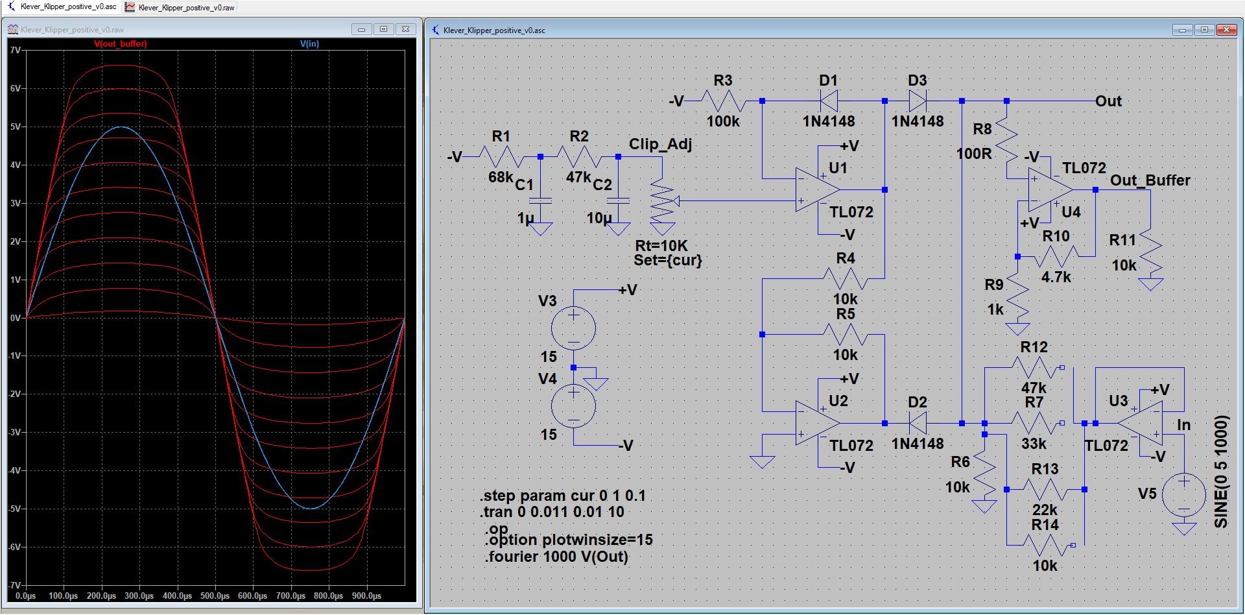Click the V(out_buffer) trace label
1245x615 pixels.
(121, 44)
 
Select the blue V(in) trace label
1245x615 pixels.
(309, 44)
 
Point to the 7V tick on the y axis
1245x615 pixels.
(16, 50)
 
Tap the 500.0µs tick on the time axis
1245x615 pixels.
(215, 596)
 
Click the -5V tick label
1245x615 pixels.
(15, 509)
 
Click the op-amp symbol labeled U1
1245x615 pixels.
(818, 190)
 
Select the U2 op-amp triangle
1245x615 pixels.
(818, 423)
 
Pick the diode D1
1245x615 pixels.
(829, 101)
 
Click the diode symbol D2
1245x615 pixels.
(918, 423)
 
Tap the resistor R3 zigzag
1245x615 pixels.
(723, 101)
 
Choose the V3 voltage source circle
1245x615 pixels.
(574, 328)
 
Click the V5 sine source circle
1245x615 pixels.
(1184, 495)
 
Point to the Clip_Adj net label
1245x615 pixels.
(660, 144)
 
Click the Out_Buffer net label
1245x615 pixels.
(1150, 180)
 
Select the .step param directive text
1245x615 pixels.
(563, 496)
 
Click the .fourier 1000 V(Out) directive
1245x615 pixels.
(556, 557)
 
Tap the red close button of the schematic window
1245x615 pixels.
(1226, 30)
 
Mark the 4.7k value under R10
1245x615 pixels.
(1056, 277)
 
